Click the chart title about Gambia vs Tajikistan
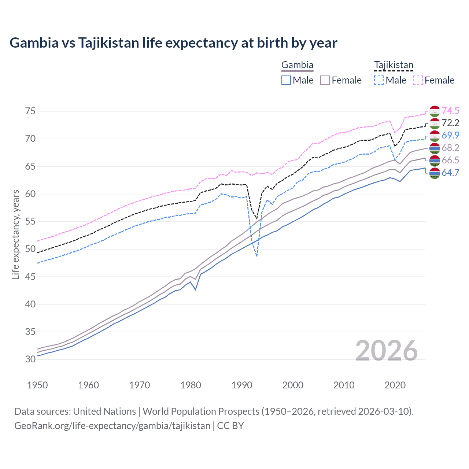pos(173,43)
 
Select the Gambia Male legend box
pos(286,80)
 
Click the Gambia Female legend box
pos(325,80)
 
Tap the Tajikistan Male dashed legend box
pos(379,80)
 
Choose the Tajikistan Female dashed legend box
pos(418,80)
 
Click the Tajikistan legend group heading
pos(394,65)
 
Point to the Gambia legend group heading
pos(297,65)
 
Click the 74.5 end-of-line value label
pos(450,111)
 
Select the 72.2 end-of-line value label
pos(450,123)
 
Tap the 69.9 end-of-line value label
pos(450,135)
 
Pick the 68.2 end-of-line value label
pos(450,148)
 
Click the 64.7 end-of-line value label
pos(450,173)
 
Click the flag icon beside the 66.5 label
pos(435,160)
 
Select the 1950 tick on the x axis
pos(37,385)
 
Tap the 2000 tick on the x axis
pos(293,385)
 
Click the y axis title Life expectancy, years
pos(15,234)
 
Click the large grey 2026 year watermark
pos(387,351)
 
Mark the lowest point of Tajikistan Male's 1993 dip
pos(257,256)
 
